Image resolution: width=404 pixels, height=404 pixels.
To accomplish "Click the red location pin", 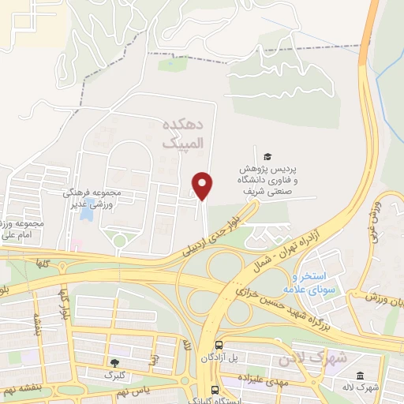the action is (203, 185).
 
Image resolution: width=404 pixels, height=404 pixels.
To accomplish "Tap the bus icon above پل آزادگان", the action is (219, 345).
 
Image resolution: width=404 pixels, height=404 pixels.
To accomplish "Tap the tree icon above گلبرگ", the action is (116, 363).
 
